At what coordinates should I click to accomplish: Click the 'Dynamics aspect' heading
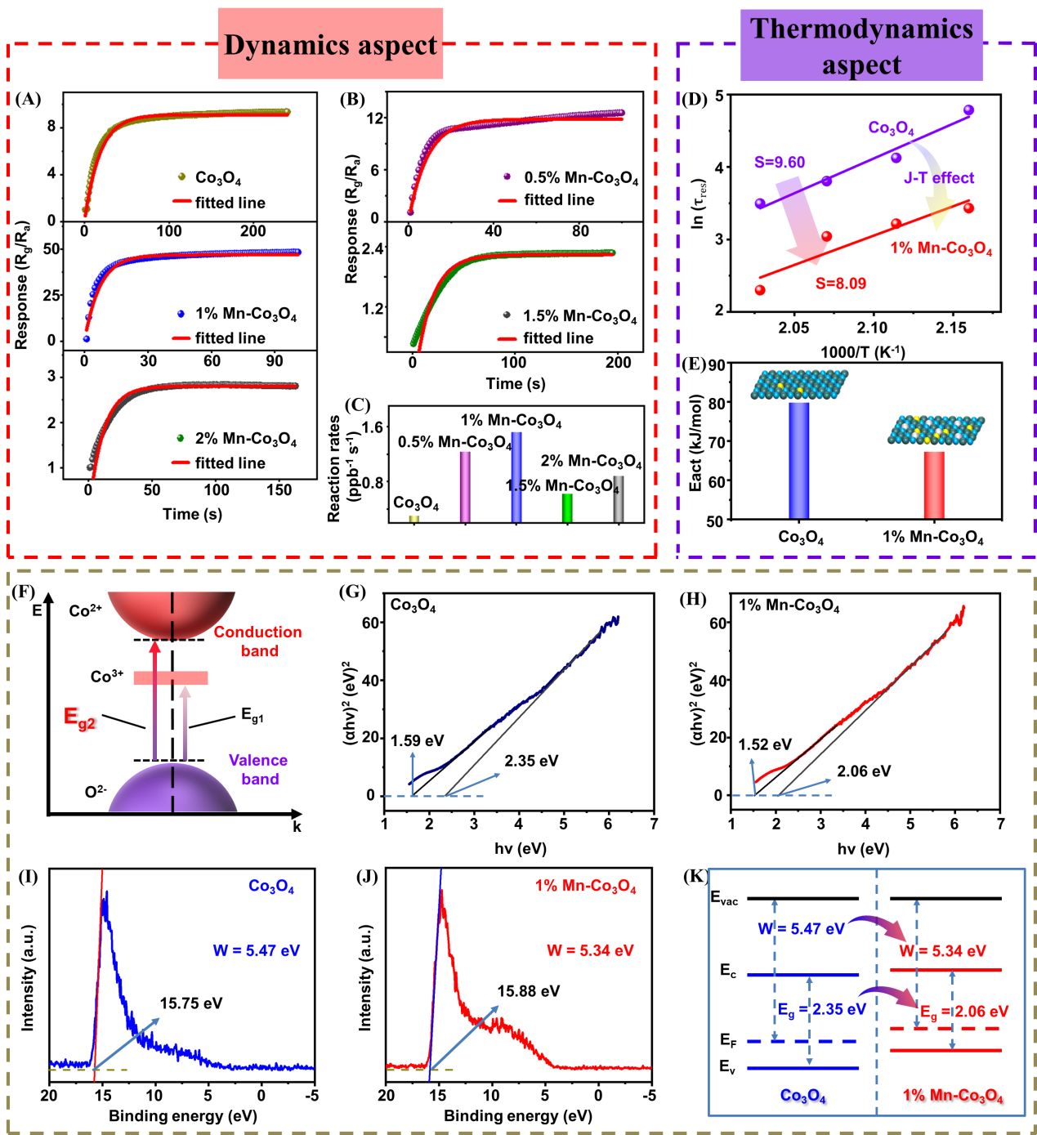coord(331,45)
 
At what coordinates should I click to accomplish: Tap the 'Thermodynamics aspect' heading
coord(861,46)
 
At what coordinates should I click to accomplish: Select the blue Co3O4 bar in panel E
coord(798,461)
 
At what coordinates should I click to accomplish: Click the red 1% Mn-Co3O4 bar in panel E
coord(934,485)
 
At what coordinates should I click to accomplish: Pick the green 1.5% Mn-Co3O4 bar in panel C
coord(567,508)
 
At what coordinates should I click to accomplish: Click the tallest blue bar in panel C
coord(516,477)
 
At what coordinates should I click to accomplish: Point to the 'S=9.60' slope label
coord(780,163)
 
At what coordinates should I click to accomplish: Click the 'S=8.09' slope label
coord(841,283)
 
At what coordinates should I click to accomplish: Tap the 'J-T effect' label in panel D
coord(938,177)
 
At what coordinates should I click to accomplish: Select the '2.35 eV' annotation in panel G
coord(531,761)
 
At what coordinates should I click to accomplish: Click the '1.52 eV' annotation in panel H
coord(765,744)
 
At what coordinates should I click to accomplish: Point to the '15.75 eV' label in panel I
coord(190,1003)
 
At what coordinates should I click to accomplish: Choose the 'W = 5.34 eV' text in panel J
coord(590,950)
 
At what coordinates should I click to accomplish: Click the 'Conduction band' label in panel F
coord(258,641)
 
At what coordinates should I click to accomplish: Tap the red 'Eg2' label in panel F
coord(79,718)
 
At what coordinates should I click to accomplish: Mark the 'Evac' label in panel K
coord(724,897)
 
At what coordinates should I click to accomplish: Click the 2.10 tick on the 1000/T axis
coord(872,328)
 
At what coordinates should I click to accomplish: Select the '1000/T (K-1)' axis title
coord(863,352)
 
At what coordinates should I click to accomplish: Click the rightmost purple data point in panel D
coord(968,109)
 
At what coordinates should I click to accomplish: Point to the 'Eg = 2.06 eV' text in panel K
coord(964,1011)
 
